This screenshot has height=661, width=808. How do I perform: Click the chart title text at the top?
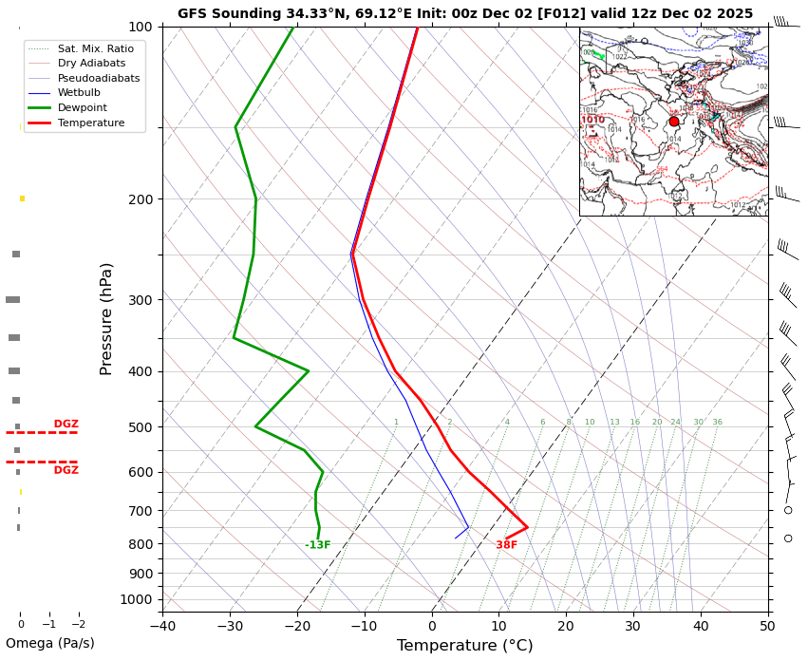pos(464,13)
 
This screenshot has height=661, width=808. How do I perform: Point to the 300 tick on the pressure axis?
pos(140,300)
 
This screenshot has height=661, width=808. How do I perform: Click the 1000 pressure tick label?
pos(137,599)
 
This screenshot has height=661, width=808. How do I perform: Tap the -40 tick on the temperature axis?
pos(162,625)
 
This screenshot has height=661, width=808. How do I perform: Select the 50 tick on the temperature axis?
pos(767,625)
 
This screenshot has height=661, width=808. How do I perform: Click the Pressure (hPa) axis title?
pos(107,318)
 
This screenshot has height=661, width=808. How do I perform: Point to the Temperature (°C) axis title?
pos(464,646)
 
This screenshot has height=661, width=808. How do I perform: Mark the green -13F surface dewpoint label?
pos(317,545)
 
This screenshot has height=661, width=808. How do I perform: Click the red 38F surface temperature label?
pos(506,545)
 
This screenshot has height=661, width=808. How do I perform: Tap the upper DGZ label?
pos(66,425)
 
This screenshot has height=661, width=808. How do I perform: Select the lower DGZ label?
pos(66,470)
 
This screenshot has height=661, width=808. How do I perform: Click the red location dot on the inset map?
pos(674,122)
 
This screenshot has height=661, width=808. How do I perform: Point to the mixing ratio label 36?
pos(717,423)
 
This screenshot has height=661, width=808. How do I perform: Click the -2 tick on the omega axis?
pos(78,624)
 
